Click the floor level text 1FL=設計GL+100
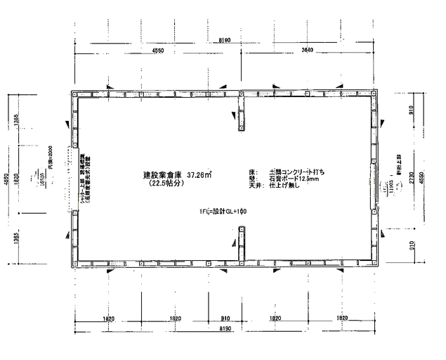click(x=223, y=211)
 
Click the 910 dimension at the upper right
click(x=412, y=111)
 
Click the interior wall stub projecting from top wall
click(x=240, y=112)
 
